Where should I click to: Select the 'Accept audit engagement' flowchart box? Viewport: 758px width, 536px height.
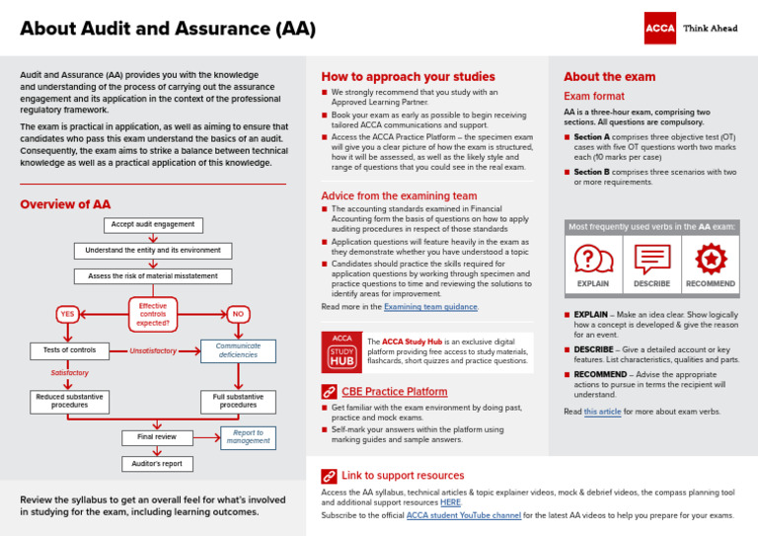point(152,225)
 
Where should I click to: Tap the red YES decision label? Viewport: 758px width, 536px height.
point(67,314)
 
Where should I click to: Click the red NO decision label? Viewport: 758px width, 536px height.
point(237,314)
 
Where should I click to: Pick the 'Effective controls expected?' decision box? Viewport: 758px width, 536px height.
point(153,314)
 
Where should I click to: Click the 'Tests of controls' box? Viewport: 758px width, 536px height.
point(70,350)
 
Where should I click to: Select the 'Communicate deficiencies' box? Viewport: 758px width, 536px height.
point(238,350)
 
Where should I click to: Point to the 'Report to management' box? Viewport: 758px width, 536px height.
point(248,437)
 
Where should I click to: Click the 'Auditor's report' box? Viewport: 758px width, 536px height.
point(157,463)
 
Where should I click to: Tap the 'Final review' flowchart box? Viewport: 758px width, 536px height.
point(157,437)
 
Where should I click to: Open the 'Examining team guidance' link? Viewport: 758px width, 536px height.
point(430,307)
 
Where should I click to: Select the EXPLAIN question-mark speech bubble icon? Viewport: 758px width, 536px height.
point(593,260)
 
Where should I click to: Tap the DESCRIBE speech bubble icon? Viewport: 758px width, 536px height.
point(651,260)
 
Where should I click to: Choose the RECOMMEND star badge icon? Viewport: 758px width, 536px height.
point(711,260)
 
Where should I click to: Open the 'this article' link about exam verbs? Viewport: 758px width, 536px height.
point(603,412)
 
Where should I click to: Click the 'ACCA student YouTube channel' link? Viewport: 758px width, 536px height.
point(463,515)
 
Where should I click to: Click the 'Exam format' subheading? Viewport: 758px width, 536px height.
point(593,97)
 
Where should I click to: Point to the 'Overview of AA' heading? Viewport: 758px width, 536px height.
point(65,204)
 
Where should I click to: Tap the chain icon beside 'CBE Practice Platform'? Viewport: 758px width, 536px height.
point(330,392)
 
